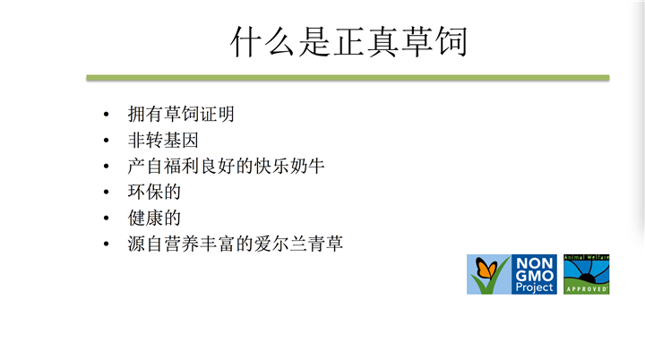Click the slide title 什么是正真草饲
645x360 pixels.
pos(348,41)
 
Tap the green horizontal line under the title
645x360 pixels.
pos(348,78)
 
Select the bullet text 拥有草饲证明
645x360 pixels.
pos(181,114)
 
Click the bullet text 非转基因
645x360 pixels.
pos(163,140)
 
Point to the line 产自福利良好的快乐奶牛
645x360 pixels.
pos(226,166)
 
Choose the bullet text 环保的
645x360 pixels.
pos(154,192)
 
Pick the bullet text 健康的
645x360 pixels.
pos(154,218)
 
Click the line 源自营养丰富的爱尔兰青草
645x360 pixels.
pos(236,244)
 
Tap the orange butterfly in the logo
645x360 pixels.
pos(486,269)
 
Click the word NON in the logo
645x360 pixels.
pos(534,263)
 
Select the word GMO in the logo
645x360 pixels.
pos(534,276)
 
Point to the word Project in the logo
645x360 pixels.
pos(534,287)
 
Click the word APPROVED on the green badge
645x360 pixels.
pos(587,289)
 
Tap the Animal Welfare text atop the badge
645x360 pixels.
pos(587,257)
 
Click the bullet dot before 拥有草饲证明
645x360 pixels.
pos(106,115)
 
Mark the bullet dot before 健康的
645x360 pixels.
pos(106,218)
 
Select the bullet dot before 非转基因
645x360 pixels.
pos(106,141)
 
